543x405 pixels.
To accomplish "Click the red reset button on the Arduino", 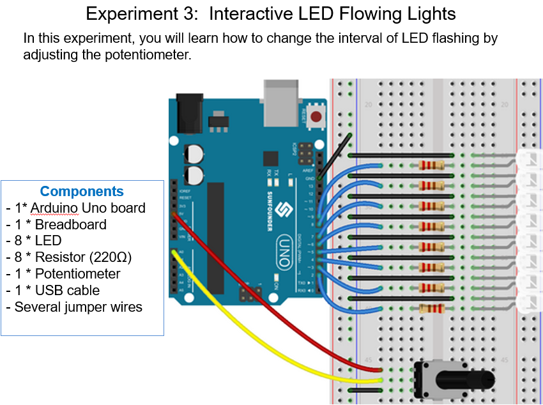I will click(316, 117).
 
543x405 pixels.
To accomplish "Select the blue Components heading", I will click(82, 191).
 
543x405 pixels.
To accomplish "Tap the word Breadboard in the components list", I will click(70, 224).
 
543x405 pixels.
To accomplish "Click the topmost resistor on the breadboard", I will click(431, 165).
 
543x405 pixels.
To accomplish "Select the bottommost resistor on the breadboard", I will click(431, 309).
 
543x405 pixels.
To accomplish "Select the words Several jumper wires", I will click(79, 307).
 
